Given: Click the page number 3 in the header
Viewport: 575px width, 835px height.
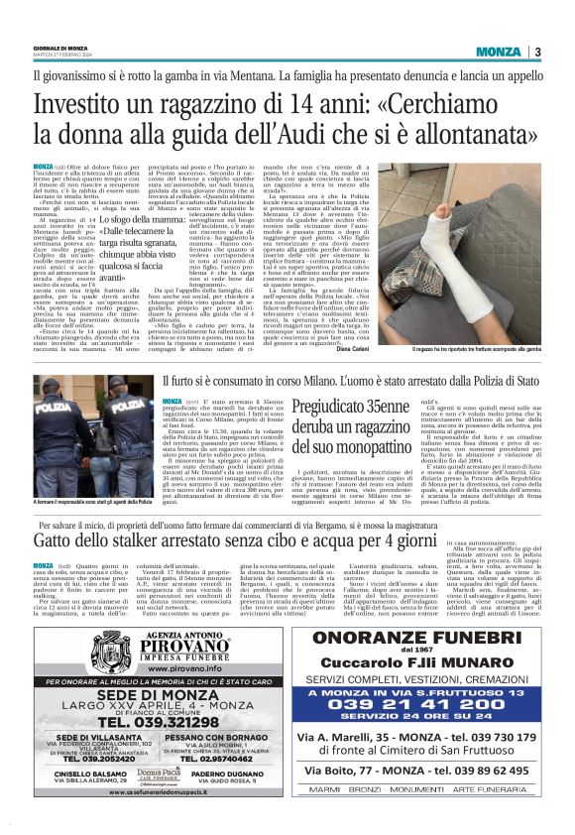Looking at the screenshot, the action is [537, 53].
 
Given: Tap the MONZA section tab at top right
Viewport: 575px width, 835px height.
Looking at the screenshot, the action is [498, 53].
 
